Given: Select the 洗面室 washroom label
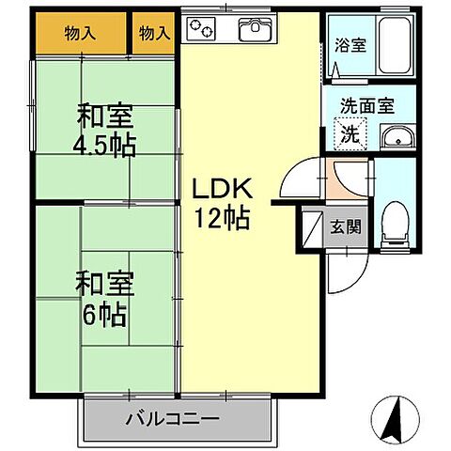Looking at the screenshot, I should [367, 106].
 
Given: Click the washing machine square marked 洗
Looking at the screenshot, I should [349, 133].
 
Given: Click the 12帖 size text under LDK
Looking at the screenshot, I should [222, 218].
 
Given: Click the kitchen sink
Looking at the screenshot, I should [255, 31].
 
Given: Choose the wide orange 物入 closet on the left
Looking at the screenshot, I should [80, 33].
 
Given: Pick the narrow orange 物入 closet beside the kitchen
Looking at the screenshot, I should [154, 33].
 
